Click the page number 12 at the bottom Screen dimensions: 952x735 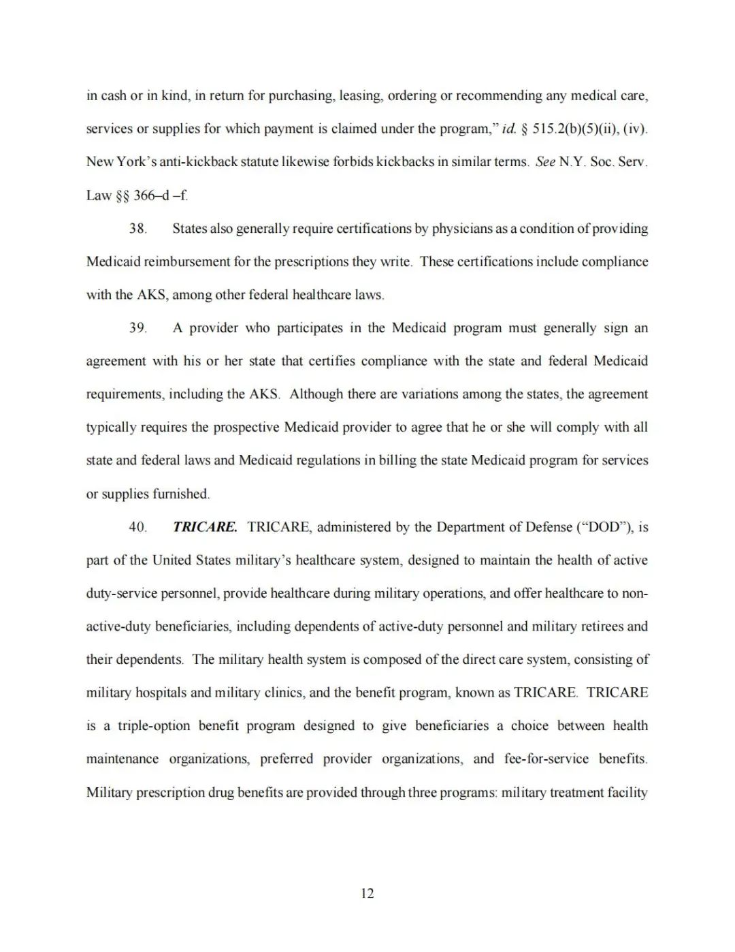(367, 893)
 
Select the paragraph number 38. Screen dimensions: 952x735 (137, 229)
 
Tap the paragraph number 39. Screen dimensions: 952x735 (137, 328)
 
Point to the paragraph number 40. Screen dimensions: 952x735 (137, 527)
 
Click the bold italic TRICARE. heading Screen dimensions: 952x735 (205, 527)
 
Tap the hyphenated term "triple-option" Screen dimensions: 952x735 (154, 726)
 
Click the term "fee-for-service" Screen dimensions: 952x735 (546, 759)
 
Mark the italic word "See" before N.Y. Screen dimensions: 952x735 (545, 162)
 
